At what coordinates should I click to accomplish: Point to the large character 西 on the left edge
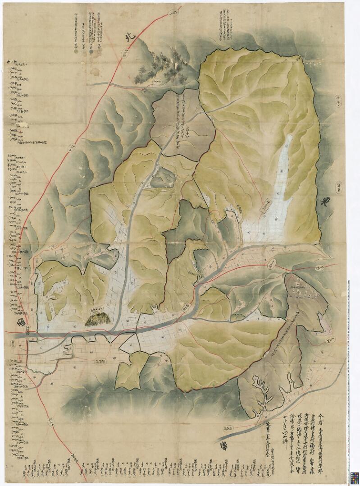point(21,321)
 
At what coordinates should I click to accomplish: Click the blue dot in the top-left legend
point(91,52)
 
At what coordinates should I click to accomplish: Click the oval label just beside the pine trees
point(157,82)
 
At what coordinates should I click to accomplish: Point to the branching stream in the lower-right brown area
point(261,392)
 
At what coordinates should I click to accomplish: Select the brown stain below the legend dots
point(96,70)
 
